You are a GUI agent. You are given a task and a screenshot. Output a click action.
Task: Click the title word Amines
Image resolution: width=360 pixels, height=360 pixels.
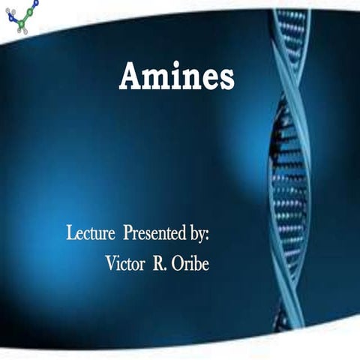[x=176, y=76]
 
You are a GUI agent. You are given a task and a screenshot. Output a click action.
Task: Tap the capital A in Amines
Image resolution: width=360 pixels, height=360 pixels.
[x=131, y=76]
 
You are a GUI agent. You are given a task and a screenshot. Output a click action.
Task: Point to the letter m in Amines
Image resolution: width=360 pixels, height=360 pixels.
[x=157, y=79]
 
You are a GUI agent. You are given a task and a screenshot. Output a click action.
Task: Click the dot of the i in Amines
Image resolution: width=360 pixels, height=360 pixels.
[x=177, y=66]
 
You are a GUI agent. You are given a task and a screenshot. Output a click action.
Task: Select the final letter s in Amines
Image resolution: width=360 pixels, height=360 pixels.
[x=226, y=79]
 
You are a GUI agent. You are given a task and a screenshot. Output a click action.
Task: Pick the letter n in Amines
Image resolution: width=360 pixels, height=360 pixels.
[x=192, y=79]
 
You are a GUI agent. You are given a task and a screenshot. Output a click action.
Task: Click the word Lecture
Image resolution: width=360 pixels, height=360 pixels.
[x=90, y=233]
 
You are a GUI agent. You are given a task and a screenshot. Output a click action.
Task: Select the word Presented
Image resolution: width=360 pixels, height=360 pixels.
[x=153, y=233]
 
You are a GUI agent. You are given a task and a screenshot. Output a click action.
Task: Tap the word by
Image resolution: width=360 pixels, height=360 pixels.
[x=196, y=234]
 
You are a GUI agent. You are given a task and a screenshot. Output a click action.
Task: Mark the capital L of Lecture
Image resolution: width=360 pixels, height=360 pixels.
[x=71, y=233]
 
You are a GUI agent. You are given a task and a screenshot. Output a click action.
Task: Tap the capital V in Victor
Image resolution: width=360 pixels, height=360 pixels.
[x=109, y=263]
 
